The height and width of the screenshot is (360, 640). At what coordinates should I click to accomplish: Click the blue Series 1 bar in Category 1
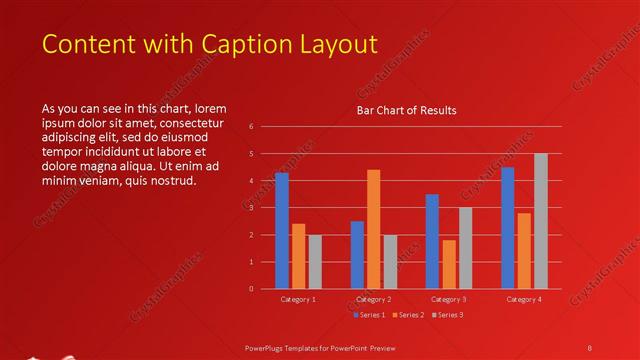pyautogui.click(x=282, y=231)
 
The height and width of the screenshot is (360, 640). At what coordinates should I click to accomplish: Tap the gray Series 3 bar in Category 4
pyautogui.click(x=541, y=221)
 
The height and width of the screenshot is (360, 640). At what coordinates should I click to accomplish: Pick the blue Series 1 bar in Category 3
pyautogui.click(x=432, y=241)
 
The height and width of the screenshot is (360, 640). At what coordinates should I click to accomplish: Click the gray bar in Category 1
pyautogui.click(x=315, y=262)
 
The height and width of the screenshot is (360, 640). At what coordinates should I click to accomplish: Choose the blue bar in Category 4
pyautogui.click(x=508, y=227)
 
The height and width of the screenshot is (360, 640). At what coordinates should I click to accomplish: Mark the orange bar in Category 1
pyautogui.click(x=299, y=256)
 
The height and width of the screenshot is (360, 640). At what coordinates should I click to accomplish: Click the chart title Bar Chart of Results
pyautogui.click(x=406, y=111)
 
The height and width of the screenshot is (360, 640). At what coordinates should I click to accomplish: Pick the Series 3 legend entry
pyautogui.click(x=449, y=315)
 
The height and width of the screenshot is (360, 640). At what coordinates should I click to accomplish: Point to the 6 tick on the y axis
pyautogui.click(x=252, y=126)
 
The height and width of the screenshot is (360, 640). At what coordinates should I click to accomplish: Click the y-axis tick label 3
pyautogui.click(x=252, y=207)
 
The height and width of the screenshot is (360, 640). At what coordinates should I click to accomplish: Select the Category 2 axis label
pyautogui.click(x=373, y=299)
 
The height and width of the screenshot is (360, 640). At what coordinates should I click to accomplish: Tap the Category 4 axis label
pyautogui.click(x=524, y=299)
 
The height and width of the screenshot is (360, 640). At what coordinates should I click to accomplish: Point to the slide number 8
pyautogui.click(x=590, y=346)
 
